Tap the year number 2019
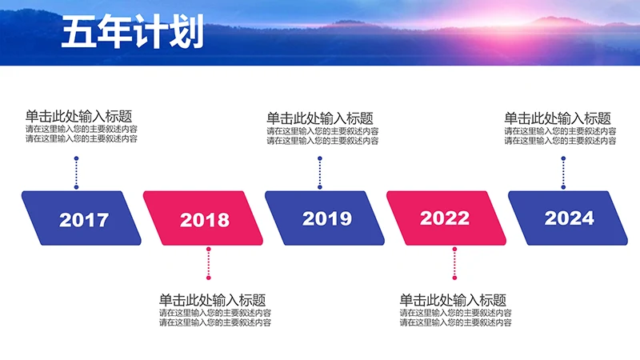[327, 218]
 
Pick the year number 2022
[445, 218]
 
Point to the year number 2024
[570, 218]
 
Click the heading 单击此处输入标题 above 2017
[78, 116]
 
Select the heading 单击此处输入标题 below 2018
[212, 300]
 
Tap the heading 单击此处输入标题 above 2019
[319, 118]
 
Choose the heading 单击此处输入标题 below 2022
[453, 300]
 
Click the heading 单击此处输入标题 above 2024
[558, 118]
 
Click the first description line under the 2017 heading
[82, 130]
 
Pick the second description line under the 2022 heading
[456, 323]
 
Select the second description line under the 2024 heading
[560, 140]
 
